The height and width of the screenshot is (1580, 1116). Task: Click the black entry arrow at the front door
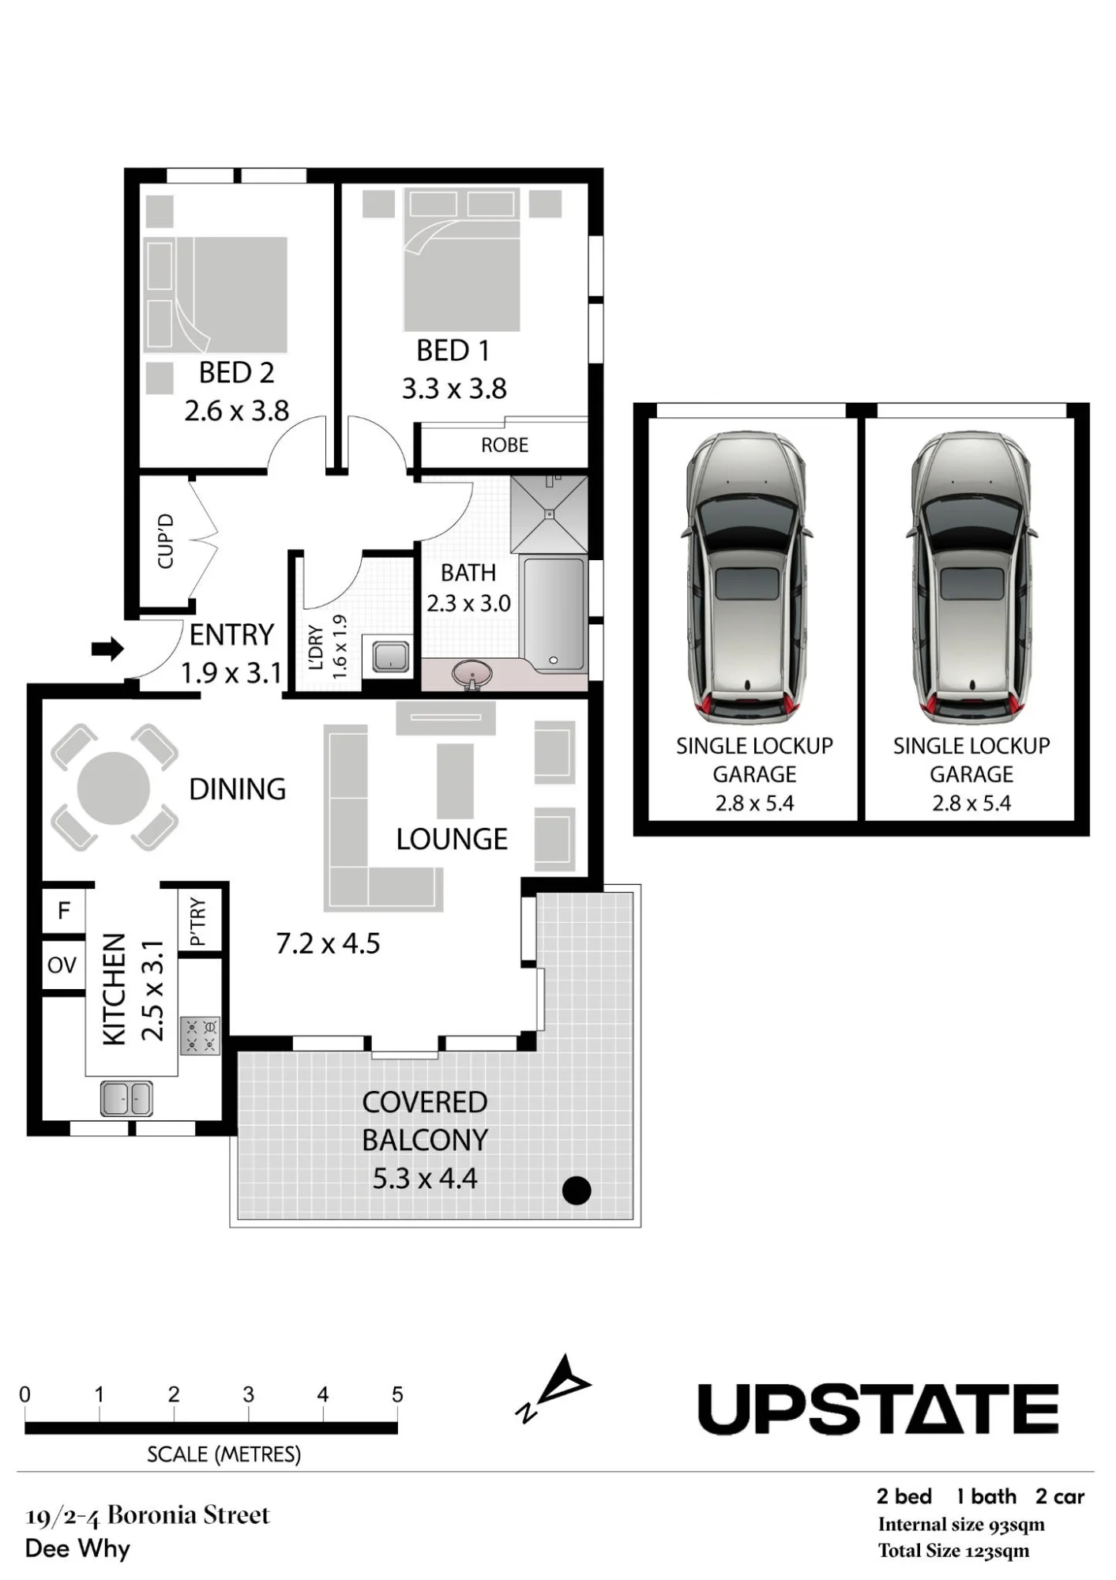pyautogui.click(x=107, y=649)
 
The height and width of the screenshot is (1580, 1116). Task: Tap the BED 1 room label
pyautogui.click(x=453, y=350)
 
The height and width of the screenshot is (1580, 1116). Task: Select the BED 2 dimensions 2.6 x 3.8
pyautogui.click(x=236, y=411)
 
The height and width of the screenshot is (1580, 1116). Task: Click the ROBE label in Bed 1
pyautogui.click(x=505, y=445)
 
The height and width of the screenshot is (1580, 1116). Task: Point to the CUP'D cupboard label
pyautogui.click(x=166, y=541)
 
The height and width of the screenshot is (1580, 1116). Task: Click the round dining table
pyautogui.click(x=114, y=788)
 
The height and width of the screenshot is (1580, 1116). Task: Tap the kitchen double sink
pyautogui.click(x=126, y=1098)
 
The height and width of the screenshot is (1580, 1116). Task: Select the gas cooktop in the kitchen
pyautogui.click(x=201, y=1036)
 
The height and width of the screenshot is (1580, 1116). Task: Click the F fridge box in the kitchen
pyautogui.click(x=63, y=911)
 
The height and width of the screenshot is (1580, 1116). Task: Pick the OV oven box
pyautogui.click(x=62, y=965)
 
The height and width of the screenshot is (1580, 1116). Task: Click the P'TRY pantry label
pyautogui.click(x=197, y=921)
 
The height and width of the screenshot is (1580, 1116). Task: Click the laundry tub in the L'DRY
pyautogui.click(x=390, y=656)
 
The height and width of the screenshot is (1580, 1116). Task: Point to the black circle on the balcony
pyautogui.click(x=577, y=1190)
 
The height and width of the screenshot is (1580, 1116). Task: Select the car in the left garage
pyautogui.click(x=746, y=577)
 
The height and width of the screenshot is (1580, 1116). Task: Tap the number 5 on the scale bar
pyautogui.click(x=397, y=1395)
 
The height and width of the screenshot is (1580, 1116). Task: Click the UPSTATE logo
pyautogui.click(x=878, y=1409)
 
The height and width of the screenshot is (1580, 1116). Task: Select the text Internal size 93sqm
pyautogui.click(x=961, y=1525)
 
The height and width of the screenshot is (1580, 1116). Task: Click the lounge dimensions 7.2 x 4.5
pyautogui.click(x=328, y=943)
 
